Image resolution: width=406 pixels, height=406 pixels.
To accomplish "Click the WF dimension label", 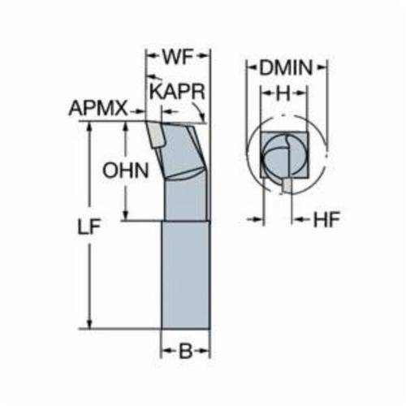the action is click(x=179, y=57).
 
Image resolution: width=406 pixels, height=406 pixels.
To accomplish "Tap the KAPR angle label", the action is click(x=178, y=91).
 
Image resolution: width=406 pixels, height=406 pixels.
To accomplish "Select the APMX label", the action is click(x=98, y=108).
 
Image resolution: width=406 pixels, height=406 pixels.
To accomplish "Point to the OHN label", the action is click(x=126, y=171).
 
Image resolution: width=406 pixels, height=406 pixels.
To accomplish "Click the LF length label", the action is click(x=89, y=227).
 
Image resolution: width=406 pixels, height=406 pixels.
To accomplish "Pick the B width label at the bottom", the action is click(x=186, y=352).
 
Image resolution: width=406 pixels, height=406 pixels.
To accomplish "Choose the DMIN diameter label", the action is click(x=286, y=67).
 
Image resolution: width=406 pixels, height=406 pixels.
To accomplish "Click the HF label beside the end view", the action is click(x=326, y=219).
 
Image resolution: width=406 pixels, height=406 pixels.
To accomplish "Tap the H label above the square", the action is click(x=283, y=93).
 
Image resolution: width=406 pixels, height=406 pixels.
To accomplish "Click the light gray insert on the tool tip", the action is click(x=155, y=136).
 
